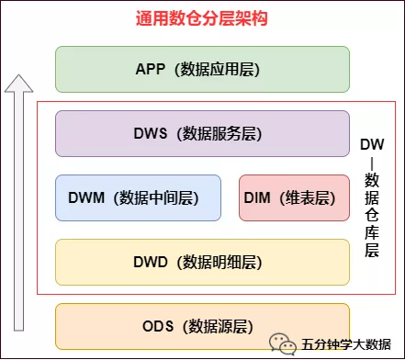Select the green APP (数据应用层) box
[x=202, y=69]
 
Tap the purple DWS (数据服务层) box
[x=202, y=133]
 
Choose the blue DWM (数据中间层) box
[x=138, y=197]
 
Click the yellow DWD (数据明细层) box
[x=202, y=262]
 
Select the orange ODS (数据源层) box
[x=202, y=325]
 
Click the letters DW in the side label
[x=372, y=144]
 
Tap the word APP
[x=150, y=69]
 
